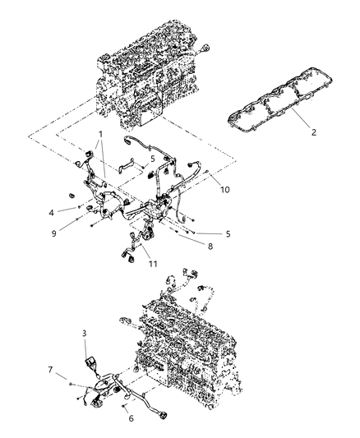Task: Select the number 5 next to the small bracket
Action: [151, 159]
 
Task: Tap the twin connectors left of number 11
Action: [132, 248]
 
